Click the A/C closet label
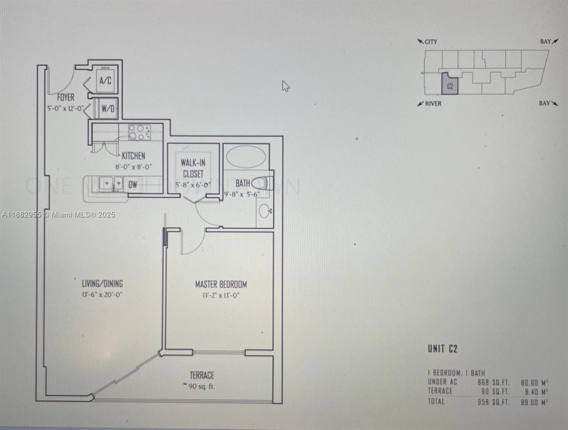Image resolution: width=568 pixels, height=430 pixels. [105, 81]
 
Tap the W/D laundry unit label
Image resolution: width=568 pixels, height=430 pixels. [108, 109]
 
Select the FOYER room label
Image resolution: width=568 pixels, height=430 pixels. [66, 97]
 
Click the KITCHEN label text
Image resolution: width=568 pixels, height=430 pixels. [134, 156]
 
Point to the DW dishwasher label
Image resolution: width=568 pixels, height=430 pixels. [133, 185]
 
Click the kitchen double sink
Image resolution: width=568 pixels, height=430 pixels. [111, 184]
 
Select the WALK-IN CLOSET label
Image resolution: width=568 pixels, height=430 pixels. [193, 168]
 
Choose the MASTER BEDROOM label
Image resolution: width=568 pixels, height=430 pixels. [221, 285]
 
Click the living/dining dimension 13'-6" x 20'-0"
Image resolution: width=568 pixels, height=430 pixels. [102, 295]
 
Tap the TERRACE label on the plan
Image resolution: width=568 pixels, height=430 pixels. [202, 375]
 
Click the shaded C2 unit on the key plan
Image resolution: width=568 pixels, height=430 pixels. [450, 86]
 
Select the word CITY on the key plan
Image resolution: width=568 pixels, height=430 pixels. [430, 42]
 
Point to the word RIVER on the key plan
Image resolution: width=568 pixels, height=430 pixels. [433, 104]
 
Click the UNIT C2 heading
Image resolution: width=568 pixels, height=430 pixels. [443, 349]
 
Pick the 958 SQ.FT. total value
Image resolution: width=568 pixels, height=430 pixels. [493, 402]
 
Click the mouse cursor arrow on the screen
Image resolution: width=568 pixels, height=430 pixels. [285, 86]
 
